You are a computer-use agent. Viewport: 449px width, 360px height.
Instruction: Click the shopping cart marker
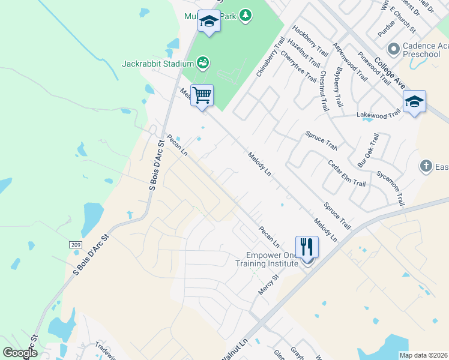[x=202, y=95]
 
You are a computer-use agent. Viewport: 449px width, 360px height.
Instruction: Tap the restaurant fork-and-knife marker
[x=307, y=247]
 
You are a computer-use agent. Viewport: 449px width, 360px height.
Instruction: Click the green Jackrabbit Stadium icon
[x=203, y=62]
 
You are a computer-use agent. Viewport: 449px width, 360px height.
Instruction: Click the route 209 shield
[x=74, y=245]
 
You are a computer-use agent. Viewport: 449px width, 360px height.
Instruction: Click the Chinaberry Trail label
[x=270, y=56]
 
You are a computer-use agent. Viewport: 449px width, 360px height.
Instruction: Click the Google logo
[x=20, y=353]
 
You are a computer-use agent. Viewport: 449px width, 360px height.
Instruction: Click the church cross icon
[x=426, y=166]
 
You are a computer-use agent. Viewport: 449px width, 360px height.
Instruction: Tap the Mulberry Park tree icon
[x=245, y=14]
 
